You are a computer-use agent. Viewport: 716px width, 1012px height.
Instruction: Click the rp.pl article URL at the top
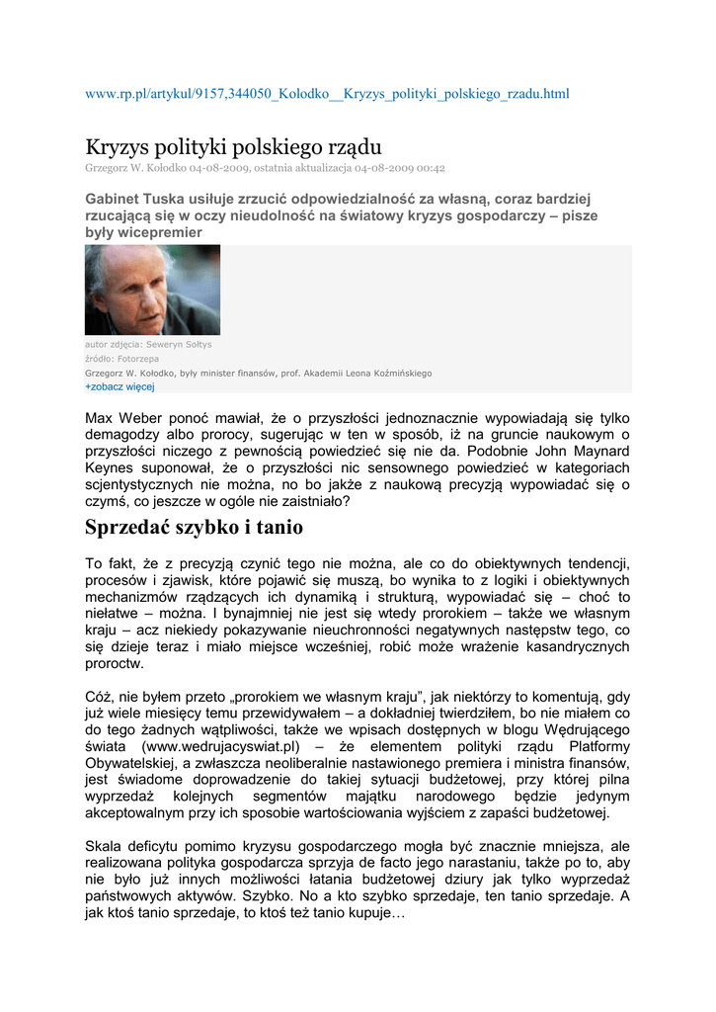coord(327,94)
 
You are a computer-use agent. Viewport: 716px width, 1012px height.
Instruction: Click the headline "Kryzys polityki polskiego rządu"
coord(233,147)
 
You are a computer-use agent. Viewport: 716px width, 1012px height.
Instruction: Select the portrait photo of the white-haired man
coord(152,290)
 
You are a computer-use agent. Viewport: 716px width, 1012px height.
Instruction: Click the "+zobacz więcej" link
coord(113,387)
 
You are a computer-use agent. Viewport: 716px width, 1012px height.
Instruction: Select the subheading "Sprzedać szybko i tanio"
coord(195,527)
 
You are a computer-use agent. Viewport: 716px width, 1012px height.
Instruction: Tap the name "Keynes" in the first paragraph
coord(111,467)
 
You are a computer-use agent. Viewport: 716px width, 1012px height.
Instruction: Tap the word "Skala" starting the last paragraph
coord(104,847)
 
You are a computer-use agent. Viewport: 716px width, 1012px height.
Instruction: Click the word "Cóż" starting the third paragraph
coord(100,696)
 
